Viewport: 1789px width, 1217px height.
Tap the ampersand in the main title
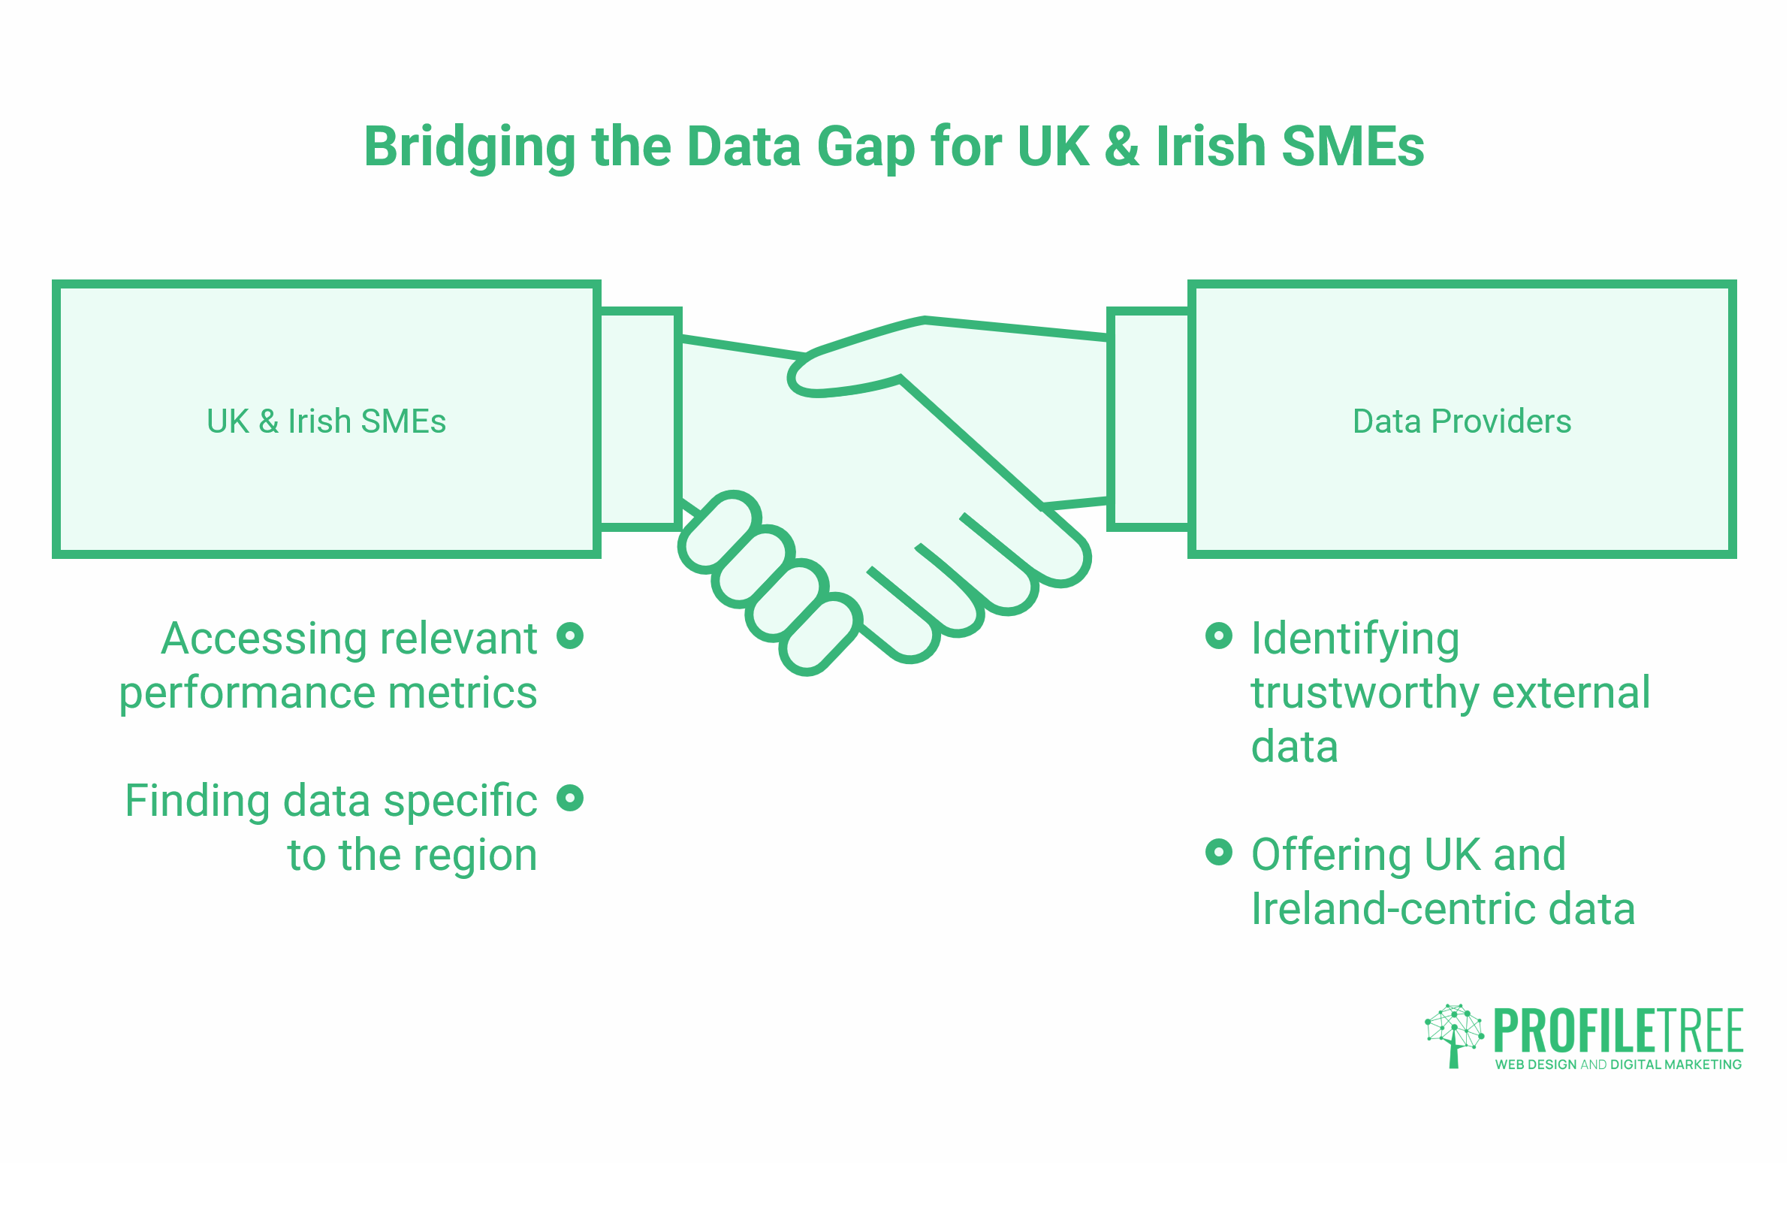1122,146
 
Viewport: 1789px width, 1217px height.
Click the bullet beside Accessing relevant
569,636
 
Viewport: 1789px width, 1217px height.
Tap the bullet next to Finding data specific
569,798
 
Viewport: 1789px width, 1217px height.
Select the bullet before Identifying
1219,636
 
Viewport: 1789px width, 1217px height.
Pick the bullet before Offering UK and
1219,852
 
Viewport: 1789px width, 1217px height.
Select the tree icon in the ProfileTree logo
1454,1035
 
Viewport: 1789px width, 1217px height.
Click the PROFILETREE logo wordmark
1619,1031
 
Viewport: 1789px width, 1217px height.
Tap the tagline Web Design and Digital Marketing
1618,1064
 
